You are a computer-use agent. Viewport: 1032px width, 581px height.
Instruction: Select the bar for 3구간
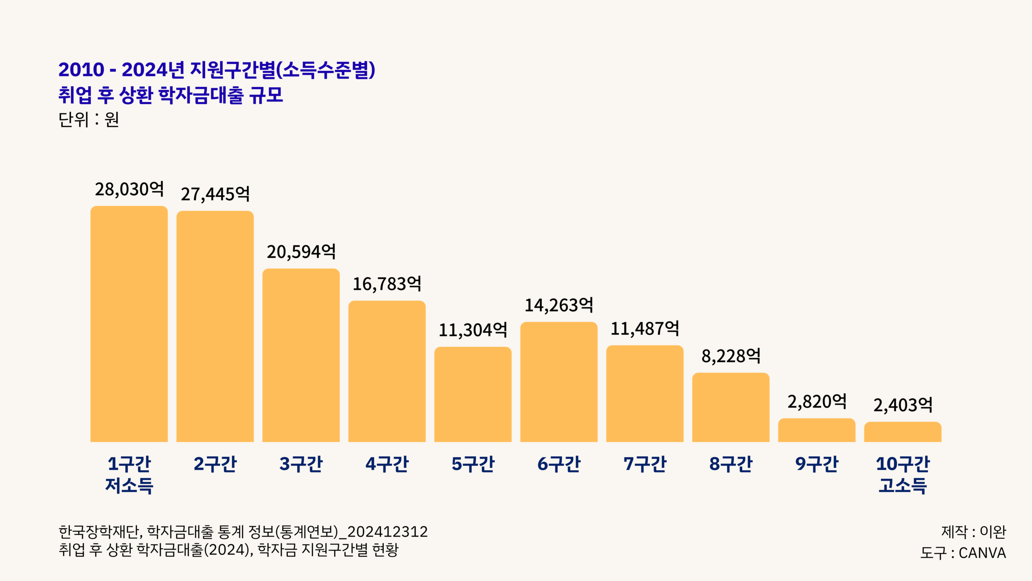tap(301, 355)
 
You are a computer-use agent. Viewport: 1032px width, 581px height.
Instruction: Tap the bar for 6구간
tap(559, 382)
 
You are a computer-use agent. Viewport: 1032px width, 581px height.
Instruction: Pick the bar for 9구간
tap(816, 430)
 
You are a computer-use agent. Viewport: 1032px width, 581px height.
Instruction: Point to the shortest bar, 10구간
tap(903, 432)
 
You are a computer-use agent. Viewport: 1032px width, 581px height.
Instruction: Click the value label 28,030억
tap(129, 189)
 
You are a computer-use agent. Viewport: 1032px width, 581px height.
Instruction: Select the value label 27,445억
tap(215, 194)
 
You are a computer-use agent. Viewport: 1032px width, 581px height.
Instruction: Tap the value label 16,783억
tap(387, 284)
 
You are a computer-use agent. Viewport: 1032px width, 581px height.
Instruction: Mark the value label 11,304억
tap(473, 330)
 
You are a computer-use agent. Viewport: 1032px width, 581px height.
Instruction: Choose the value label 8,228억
tap(731, 356)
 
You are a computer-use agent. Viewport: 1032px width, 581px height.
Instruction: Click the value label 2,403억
tap(903, 405)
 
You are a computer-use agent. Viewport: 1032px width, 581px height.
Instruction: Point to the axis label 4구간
tap(387, 464)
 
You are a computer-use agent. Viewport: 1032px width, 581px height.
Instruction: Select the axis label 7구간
tap(645, 464)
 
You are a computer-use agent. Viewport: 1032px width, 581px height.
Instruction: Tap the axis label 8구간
tap(731, 464)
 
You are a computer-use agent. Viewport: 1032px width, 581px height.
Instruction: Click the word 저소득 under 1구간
tap(129, 485)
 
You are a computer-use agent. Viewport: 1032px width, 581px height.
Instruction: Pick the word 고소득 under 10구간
tap(903, 485)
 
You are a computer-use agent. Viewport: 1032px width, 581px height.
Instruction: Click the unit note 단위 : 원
tap(89, 119)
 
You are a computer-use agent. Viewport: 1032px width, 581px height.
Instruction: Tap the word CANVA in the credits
tap(982, 553)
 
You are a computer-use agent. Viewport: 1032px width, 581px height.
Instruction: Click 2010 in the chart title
tap(81, 70)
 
